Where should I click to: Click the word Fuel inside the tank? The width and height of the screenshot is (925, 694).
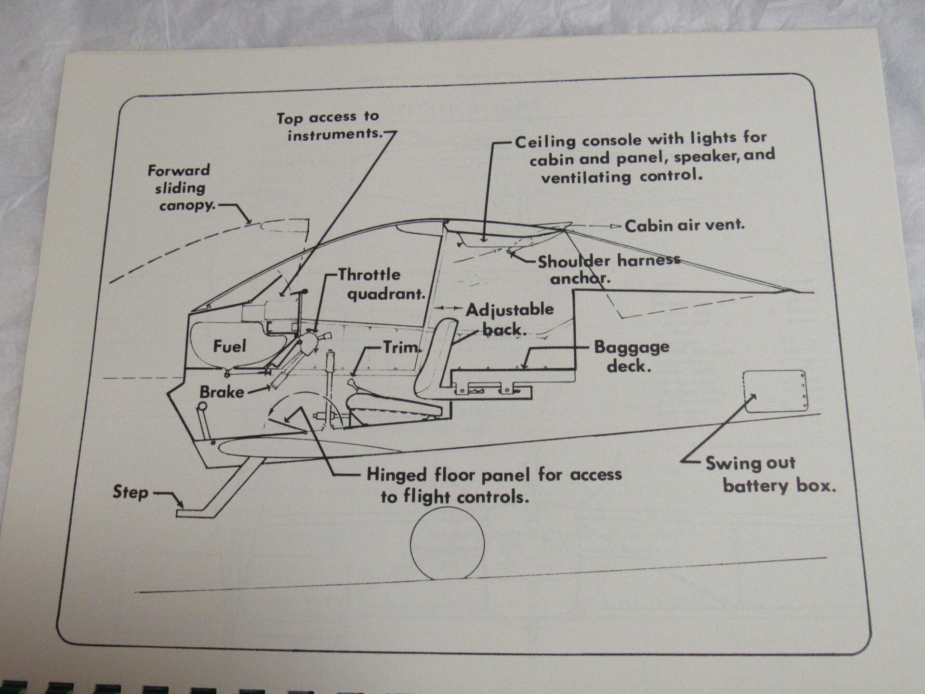tap(229, 346)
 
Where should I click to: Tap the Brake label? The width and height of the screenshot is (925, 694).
tap(222, 392)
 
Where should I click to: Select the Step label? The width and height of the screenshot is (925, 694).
tap(130, 493)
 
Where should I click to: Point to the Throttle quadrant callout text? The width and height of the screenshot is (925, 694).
tap(382, 284)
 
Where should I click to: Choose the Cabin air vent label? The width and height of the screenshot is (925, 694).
tap(685, 225)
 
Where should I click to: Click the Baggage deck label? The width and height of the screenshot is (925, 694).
tap(631, 356)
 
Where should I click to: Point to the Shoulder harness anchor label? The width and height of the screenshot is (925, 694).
tap(608, 268)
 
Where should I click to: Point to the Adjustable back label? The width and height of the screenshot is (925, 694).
tap(510, 319)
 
